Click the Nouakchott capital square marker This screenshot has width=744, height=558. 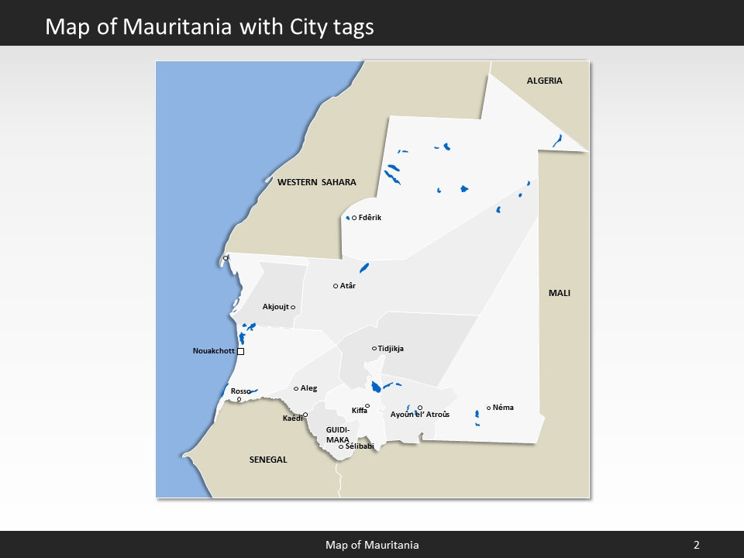(240, 351)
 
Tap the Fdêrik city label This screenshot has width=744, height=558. (370, 218)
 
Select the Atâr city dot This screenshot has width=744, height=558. (336, 286)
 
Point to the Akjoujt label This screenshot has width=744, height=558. (275, 307)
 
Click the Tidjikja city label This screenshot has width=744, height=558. (391, 349)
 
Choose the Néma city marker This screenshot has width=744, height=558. (488, 408)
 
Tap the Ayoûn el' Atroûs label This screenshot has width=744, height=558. (419, 415)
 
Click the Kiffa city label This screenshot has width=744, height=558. (359, 411)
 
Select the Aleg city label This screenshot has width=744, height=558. (308, 388)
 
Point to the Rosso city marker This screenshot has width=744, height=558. (239, 399)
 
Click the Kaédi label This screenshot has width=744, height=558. (292, 418)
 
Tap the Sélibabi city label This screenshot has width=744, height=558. (360, 446)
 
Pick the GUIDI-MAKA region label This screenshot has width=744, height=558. (338, 434)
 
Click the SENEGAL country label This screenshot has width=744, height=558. (268, 460)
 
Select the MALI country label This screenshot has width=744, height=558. (559, 293)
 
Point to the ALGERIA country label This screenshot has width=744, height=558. (544, 81)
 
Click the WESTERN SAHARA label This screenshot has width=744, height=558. (316, 183)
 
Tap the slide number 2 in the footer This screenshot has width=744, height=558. (696, 545)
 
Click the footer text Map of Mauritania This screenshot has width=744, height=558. (372, 545)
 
